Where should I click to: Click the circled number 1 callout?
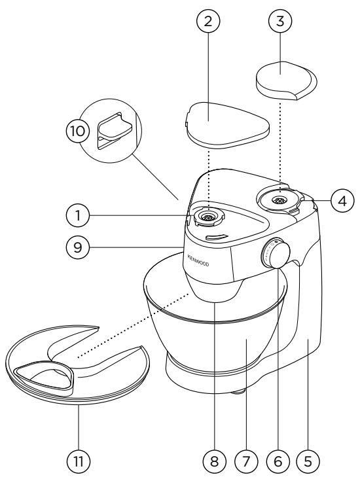[x=78, y=216]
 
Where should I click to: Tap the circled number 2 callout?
[x=208, y=21]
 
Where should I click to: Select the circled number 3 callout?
[x=280, y=21]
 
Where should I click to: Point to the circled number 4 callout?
[x=342, y=200]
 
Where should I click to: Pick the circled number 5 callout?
[x=308, y=461]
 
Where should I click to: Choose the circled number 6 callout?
[x=278, y=461]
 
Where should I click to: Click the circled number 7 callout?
[x=246, y=461]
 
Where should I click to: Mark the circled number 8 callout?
[x=215, y=461]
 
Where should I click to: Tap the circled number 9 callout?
[x=78, y=247]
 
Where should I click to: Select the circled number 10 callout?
[x=78, y=132]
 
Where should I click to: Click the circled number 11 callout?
[x=79, y=461]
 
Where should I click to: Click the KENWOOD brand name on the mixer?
[x=198, y=260]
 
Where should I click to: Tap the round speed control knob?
[x=276, y=253]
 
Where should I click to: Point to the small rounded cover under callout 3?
[x=286, y=80]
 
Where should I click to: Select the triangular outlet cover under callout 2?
[x=228, y=126]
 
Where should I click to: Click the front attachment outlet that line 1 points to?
[x=208, y=217]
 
